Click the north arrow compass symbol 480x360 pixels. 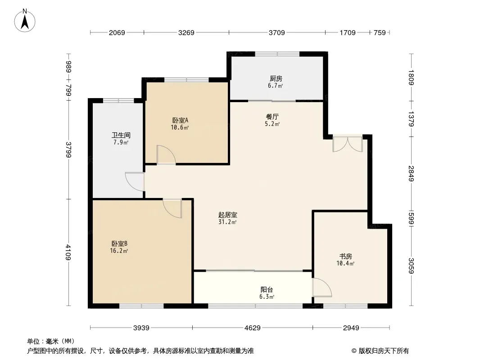(x=25, y=21)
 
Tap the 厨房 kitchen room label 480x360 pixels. (x=276, y=79)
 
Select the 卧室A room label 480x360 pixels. (x=180, y=120)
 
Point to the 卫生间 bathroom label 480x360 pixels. (x=121, y=135)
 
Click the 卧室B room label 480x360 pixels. (x=119, y=244)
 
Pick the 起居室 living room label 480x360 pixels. (x=227, y=215)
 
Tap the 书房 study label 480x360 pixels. (x=345, y=256)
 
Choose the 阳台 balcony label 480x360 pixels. (x=267, y=290)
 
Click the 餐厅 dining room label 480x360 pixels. (x=272, y=117)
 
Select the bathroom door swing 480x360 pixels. (x=135, y=182)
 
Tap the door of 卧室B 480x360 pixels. (x=172, y=208)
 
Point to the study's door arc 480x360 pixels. (x=322, y=287)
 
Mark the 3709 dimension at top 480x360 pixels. (x=277, y=32)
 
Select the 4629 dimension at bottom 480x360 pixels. (x=253, y=328)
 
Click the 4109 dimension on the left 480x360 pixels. (x=68, y=252)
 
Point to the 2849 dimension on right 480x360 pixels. (x=411, y=173)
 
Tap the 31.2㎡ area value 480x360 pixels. (x=227, y=222)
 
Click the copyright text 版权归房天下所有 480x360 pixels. (x=384, y=351)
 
